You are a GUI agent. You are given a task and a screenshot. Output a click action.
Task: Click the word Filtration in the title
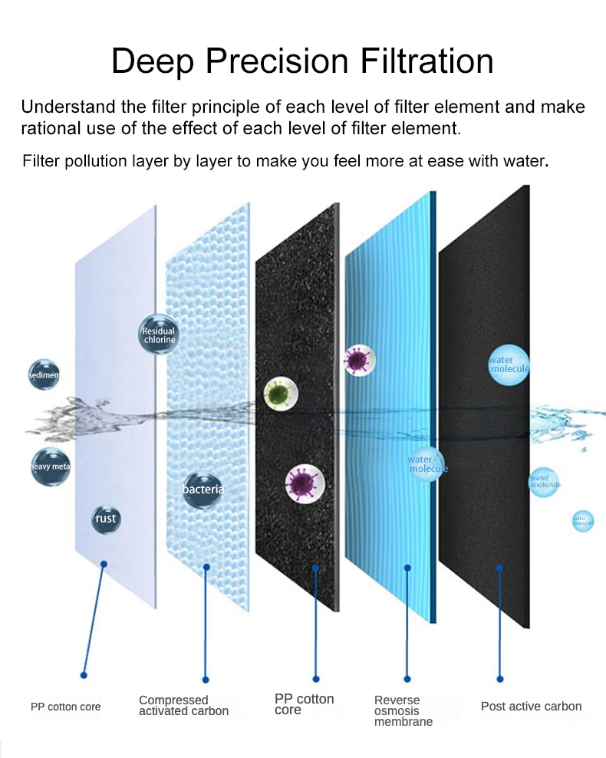(417, 61)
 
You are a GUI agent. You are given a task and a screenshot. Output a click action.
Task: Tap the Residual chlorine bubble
(159, 335)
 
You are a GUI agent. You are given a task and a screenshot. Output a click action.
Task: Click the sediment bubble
(43, 375)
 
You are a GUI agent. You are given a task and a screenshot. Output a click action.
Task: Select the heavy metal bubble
(51, 466)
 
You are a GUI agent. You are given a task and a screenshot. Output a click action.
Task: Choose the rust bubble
(106, 519)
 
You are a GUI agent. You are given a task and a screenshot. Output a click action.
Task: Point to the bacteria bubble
(203, 489)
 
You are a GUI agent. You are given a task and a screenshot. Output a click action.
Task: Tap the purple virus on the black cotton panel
(304, 483)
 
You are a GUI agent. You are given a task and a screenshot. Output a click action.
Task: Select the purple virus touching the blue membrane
(357, 359)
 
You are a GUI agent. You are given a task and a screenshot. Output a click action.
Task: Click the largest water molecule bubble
(509, 364)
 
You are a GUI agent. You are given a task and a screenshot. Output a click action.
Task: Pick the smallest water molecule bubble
(583, 521)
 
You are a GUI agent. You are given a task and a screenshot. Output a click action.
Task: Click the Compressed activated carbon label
(183, 705)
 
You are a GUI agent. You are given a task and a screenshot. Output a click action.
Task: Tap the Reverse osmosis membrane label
(403, 710)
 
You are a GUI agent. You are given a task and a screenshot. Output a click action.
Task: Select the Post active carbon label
(531, 706)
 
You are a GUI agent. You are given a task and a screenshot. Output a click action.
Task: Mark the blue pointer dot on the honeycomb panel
(206, 568)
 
